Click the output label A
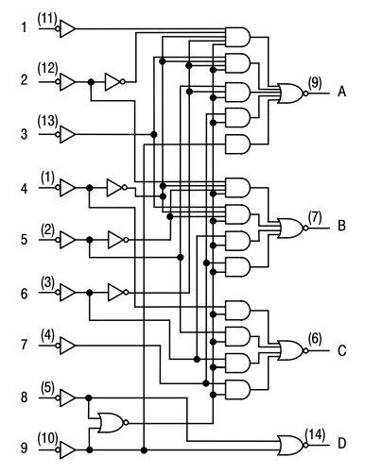(x=341, y=92)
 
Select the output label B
(x=341, y=226)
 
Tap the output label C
(x=342, y=350)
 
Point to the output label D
(x=342, y=444)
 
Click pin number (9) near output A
(x=315, y=82)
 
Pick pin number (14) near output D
(x=315, y=434)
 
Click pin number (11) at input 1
(x=47, y=19)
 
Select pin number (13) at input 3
(x=47, y=121)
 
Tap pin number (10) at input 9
(x=47, y=438)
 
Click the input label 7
(x=24, y=345)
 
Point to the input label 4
(x=24, y=189)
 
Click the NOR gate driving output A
(x=290, y=93)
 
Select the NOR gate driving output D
(x=290, y=446)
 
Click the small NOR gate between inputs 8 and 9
(x=112, y=422)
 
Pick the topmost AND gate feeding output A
(x=238, y=37)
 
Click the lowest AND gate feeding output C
(x=238, y=390)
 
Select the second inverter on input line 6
(x=118, y=293)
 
